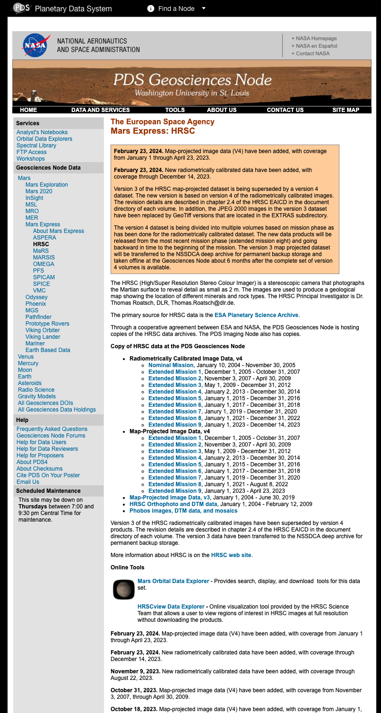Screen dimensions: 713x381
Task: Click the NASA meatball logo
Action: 35,45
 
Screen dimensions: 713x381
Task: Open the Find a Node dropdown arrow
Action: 203,9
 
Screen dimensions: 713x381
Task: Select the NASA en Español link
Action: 316,46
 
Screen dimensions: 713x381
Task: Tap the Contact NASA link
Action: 312,53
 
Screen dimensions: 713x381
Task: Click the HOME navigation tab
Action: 28,110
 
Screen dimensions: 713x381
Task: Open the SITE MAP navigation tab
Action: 346,110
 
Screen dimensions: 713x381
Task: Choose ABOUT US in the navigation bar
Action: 222,110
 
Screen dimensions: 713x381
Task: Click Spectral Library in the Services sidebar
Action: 36,146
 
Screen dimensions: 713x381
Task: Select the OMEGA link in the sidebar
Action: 43,264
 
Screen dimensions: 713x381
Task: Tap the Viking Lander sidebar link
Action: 43,337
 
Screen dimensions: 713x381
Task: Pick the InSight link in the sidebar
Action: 35,198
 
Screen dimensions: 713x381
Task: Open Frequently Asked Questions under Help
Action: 52,429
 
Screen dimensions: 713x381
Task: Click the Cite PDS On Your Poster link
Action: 48,475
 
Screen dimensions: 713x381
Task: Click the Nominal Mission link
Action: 171,365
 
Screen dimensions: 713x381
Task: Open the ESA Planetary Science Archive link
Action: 256,315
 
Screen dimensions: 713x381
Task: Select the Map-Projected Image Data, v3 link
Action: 170,498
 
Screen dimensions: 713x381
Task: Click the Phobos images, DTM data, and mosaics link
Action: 183,511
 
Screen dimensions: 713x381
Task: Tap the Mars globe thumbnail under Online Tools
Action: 124,589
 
